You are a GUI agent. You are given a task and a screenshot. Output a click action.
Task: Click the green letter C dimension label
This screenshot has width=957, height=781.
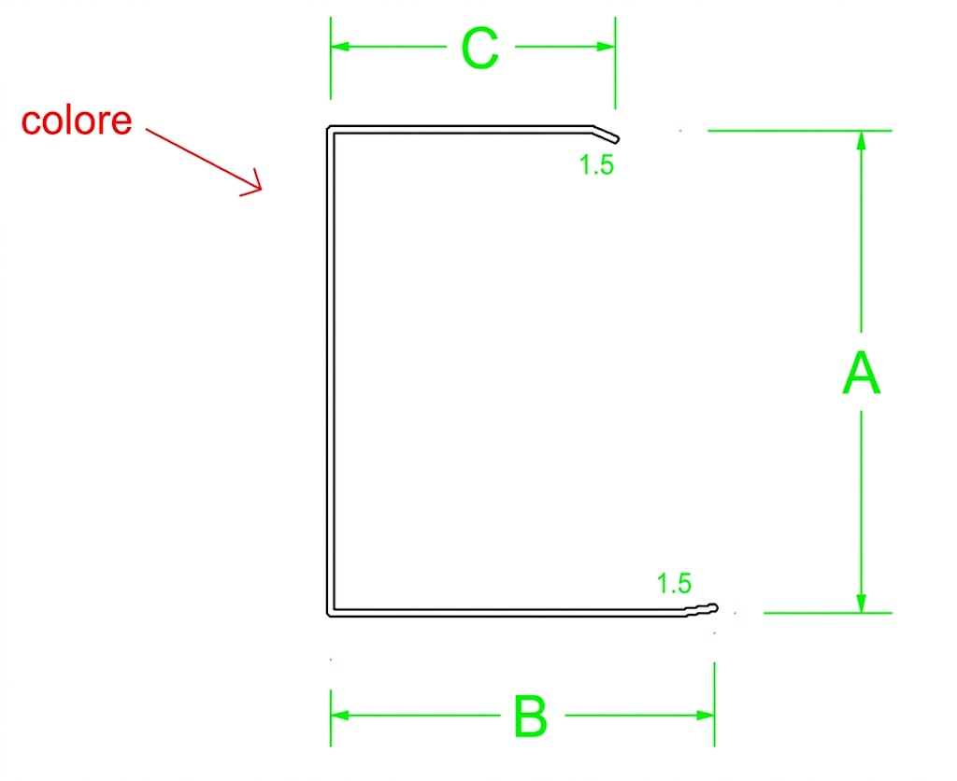pyautogui.click(x=479, y=48)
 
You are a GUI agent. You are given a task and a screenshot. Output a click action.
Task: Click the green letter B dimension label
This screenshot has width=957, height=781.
pyautogui.click(x=530, y=716)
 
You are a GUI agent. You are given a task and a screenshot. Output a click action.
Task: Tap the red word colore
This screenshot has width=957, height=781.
pyautogui.click(x=77, y=121)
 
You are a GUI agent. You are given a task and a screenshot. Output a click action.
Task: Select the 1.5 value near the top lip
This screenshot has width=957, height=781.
pyautogui.click(x=596, y=164)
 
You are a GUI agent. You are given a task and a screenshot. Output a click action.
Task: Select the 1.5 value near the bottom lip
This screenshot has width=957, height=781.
pyautogui.click(x=674, y=584)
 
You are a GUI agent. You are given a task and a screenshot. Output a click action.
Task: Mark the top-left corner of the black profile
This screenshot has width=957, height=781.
pyautogui.click(x=328, y=127)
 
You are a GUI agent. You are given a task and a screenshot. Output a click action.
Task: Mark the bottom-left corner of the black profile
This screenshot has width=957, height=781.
pyautogui.click(x=329, y=615)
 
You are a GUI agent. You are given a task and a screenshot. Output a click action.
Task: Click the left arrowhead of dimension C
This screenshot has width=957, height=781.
pyautogui.click(x=339, y=47)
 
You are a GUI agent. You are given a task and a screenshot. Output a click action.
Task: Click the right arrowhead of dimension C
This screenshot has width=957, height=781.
pyautogui.click(x=606, y=47)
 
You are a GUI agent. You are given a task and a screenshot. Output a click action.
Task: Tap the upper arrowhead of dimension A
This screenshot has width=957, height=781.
pyautogui.click(x=861, y=140)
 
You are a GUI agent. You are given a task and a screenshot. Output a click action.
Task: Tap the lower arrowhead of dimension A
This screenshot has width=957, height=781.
pyautogui.click(x=861, y=603)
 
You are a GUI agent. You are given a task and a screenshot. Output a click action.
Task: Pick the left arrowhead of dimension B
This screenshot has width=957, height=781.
pyautogui.click(x=339, y=715)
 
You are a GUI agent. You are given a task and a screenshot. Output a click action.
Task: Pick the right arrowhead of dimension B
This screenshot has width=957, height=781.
pyautogui.click(x=705, y=715)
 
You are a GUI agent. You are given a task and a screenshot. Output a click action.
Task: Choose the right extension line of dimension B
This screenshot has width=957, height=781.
pyautogui.click(x=714, y=704)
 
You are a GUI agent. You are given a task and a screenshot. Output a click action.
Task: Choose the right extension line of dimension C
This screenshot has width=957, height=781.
pyautogui.click(x=615, y=63)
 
